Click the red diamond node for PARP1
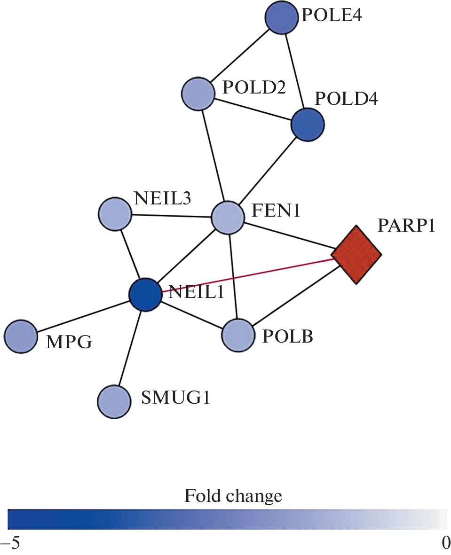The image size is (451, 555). pos(356,255)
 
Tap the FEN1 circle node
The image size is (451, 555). pos(228,217)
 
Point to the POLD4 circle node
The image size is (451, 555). pos(308,124)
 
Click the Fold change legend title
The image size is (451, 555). pos(233,496)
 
